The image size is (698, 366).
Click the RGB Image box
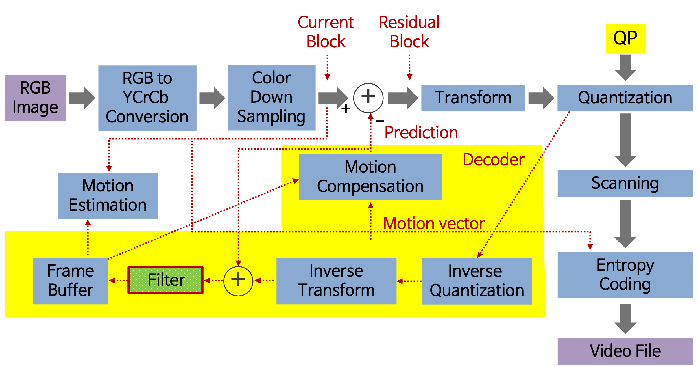tap(35, 98)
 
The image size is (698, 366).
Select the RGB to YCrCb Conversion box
tap(147, 98)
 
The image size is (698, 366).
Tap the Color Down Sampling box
tap(271, 98)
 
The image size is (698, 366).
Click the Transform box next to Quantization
tap(473, 98)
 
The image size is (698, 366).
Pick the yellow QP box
tap(625, 38)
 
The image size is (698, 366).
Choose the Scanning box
tap(625, 183)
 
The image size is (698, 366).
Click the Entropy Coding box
tap(625, 275)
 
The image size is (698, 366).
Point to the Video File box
tap(625, 351)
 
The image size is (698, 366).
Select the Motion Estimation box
tap(108, 196)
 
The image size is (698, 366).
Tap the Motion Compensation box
tap(370, 177)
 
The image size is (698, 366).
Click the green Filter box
tap(165, 280)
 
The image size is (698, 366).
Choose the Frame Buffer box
tap(71, 281)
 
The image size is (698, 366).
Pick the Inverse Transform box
tap(336, 281)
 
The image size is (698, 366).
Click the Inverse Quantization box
tap(477, 281)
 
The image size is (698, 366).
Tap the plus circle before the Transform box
tap(368, 98)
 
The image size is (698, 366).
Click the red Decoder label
tap(493, 160)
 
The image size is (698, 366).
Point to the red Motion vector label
tap(434, 224)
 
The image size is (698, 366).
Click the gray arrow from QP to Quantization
tap(625, 67)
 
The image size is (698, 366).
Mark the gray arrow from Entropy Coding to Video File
tap(625, 318)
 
